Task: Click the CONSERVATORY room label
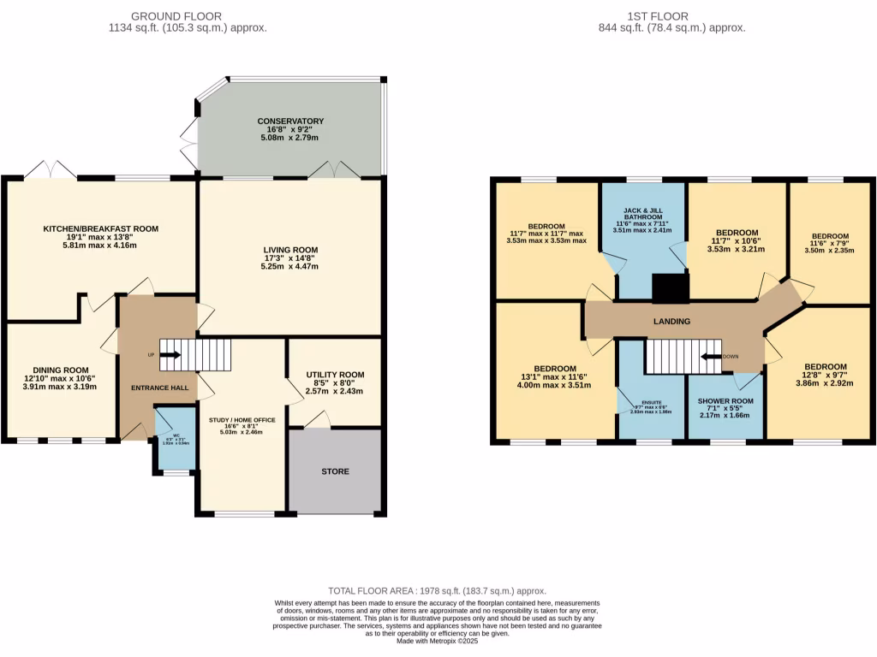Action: [290, 121]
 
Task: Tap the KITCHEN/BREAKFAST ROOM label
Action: [101, 228]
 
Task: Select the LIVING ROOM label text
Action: [290, 250]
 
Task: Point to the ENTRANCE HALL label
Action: [159, 388]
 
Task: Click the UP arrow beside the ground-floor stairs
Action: [170, 354]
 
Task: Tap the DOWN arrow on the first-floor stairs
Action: [711, 357]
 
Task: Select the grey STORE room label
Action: [335, 471]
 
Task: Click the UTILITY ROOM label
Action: [335, 375]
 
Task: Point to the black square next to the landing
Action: [671, 289]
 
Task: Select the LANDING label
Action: [671, 322]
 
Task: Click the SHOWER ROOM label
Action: [725, 401]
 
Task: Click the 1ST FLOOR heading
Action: [671, 16]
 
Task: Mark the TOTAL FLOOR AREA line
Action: [438, 591]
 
